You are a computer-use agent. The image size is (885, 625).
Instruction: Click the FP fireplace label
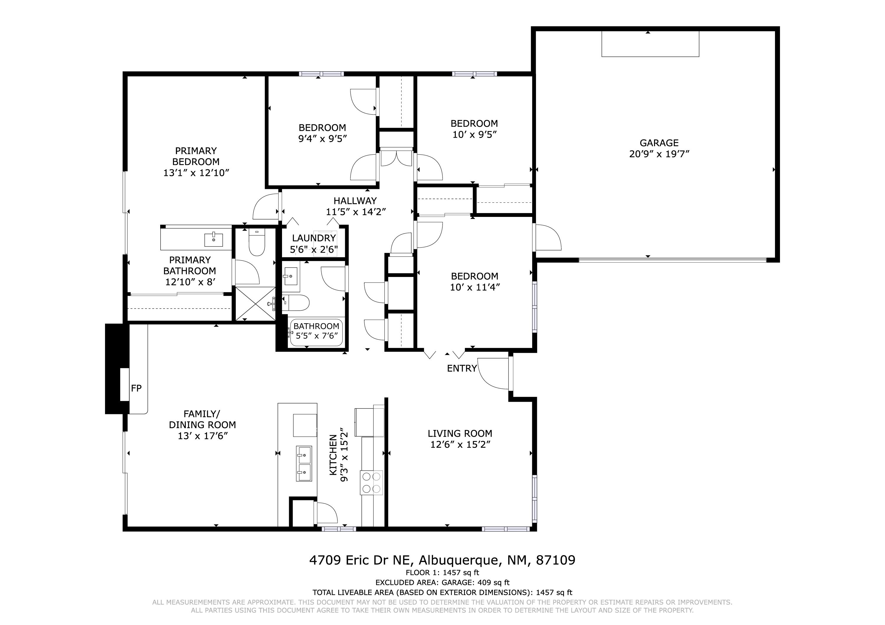click(x=136, y=388)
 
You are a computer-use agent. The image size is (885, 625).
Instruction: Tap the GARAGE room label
click(x=659, y=143)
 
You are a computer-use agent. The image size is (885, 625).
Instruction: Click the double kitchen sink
click(x=304, y=463)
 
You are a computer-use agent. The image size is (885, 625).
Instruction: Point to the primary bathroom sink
click(x=214, y=240)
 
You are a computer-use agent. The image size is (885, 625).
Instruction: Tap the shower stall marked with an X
click(x=255, y=304)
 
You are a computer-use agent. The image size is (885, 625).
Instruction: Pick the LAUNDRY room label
click(x=314, y=238)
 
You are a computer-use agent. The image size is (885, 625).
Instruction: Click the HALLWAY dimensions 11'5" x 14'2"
click(x=356, y=212)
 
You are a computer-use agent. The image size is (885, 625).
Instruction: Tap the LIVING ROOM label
click(x=460, y=433)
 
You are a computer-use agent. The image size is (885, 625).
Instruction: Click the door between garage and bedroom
click(x=547, y=237)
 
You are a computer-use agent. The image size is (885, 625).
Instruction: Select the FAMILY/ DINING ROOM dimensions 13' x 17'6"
click(x=202, y=436)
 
